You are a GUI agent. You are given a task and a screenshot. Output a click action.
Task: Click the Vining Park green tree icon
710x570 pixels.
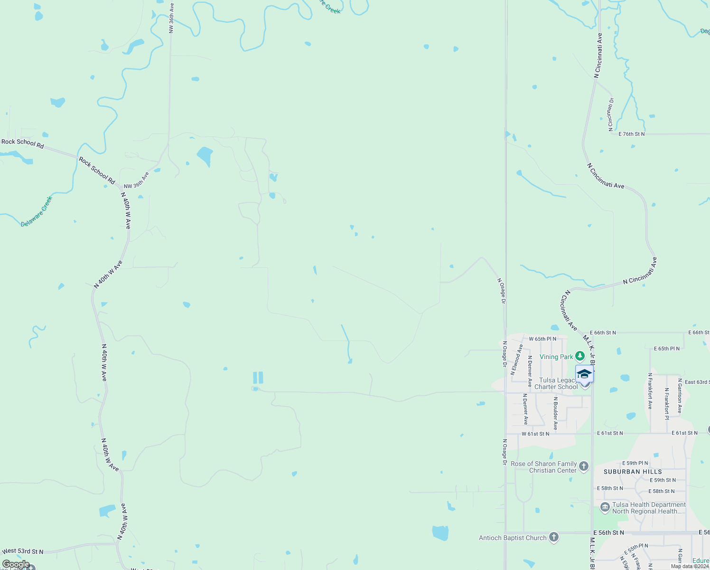579,356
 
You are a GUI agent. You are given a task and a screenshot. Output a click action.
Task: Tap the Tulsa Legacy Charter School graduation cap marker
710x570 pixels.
584,374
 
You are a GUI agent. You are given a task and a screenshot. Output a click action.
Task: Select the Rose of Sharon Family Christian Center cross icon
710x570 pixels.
584,466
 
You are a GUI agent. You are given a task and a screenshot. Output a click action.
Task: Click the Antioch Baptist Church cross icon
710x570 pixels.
553,537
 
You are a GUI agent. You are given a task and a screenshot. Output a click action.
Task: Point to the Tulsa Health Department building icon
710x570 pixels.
605,507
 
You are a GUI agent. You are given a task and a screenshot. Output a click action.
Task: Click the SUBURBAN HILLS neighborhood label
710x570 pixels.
633,472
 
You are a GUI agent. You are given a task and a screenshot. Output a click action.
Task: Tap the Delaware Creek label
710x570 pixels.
37,211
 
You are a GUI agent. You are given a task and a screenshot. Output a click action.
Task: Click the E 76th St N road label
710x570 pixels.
632,134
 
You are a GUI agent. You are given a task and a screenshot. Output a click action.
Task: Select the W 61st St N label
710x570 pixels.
535,434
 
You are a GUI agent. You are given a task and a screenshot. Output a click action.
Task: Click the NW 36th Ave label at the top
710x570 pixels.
171,18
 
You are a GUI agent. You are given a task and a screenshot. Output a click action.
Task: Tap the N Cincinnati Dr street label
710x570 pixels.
611,114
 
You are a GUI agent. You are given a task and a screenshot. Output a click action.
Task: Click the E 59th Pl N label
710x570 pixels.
635,463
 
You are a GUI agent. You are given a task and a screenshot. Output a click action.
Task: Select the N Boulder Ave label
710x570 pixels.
555,413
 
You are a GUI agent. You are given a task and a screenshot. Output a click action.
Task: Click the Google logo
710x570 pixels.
16,564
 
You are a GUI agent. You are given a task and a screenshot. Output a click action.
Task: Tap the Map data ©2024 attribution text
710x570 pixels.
690,566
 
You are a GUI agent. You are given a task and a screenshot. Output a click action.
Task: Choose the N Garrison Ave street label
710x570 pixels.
680,395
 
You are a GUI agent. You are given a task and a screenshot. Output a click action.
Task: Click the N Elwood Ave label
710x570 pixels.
516,360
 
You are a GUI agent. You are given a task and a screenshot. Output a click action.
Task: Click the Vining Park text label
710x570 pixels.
556,357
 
